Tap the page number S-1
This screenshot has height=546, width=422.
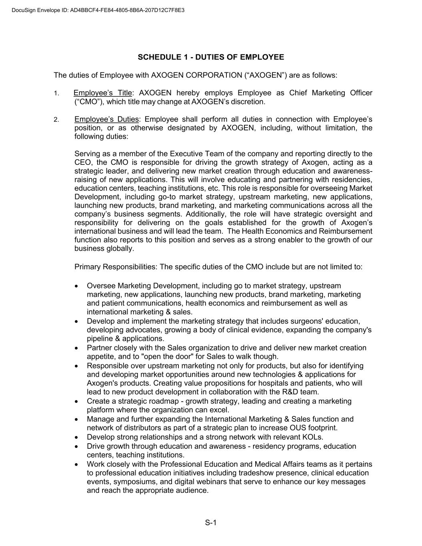click(x=211, y=522)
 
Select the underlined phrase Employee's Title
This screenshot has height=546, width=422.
click(x=103, y=93)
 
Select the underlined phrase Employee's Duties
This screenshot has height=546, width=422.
click(x=106, y=119)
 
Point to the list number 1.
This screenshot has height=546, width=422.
click(x=56, y=94)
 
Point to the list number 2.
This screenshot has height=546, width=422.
click(x=56, y=120)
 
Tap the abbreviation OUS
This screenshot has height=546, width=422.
click(x=289, y=428)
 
